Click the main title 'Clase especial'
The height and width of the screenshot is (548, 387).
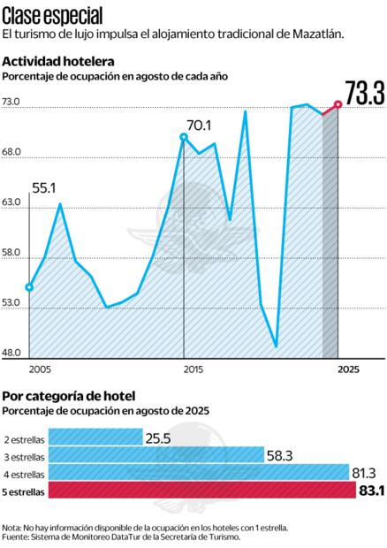[x=52, y=14]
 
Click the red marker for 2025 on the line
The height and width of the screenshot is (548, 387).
[x=338, y=105]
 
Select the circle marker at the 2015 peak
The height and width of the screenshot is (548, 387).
[x=184, y=136]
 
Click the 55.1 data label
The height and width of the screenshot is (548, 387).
[x=44, y=188]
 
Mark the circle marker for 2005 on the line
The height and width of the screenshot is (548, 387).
[x=29, y=287]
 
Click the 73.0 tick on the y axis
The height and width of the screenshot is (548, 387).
[x=11, y=103]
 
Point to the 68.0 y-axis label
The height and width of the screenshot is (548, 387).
[x=11, y=153]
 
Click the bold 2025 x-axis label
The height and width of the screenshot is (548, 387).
[x=349, y=368]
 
